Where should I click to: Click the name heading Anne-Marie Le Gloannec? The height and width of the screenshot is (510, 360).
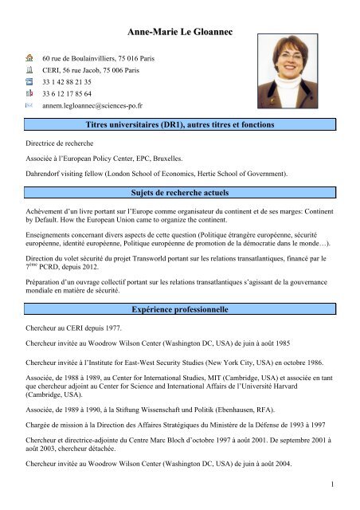tap(180, 31)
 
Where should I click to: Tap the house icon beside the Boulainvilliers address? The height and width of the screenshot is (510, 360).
tap(28, 58)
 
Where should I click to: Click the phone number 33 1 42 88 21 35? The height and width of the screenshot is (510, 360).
tap(69, 81)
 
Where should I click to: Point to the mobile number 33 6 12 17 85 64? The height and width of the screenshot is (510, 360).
tap(69, 92)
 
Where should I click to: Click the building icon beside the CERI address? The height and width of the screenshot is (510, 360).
tap(28, 69)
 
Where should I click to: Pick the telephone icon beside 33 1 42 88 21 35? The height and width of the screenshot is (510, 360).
tap(28, 80)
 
